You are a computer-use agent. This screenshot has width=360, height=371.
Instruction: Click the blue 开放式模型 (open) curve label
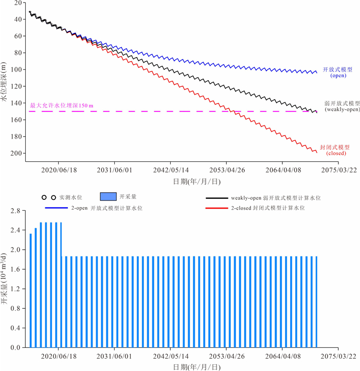tap(337, 72)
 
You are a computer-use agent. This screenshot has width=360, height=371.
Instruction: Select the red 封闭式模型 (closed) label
tap(335, 150)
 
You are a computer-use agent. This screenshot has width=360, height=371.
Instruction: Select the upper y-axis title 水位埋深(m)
tap(5, 82)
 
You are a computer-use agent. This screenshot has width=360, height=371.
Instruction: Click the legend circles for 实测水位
tap(49, 197)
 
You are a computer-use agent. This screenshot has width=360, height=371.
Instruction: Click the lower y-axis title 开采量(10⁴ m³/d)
tap(5, 280)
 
